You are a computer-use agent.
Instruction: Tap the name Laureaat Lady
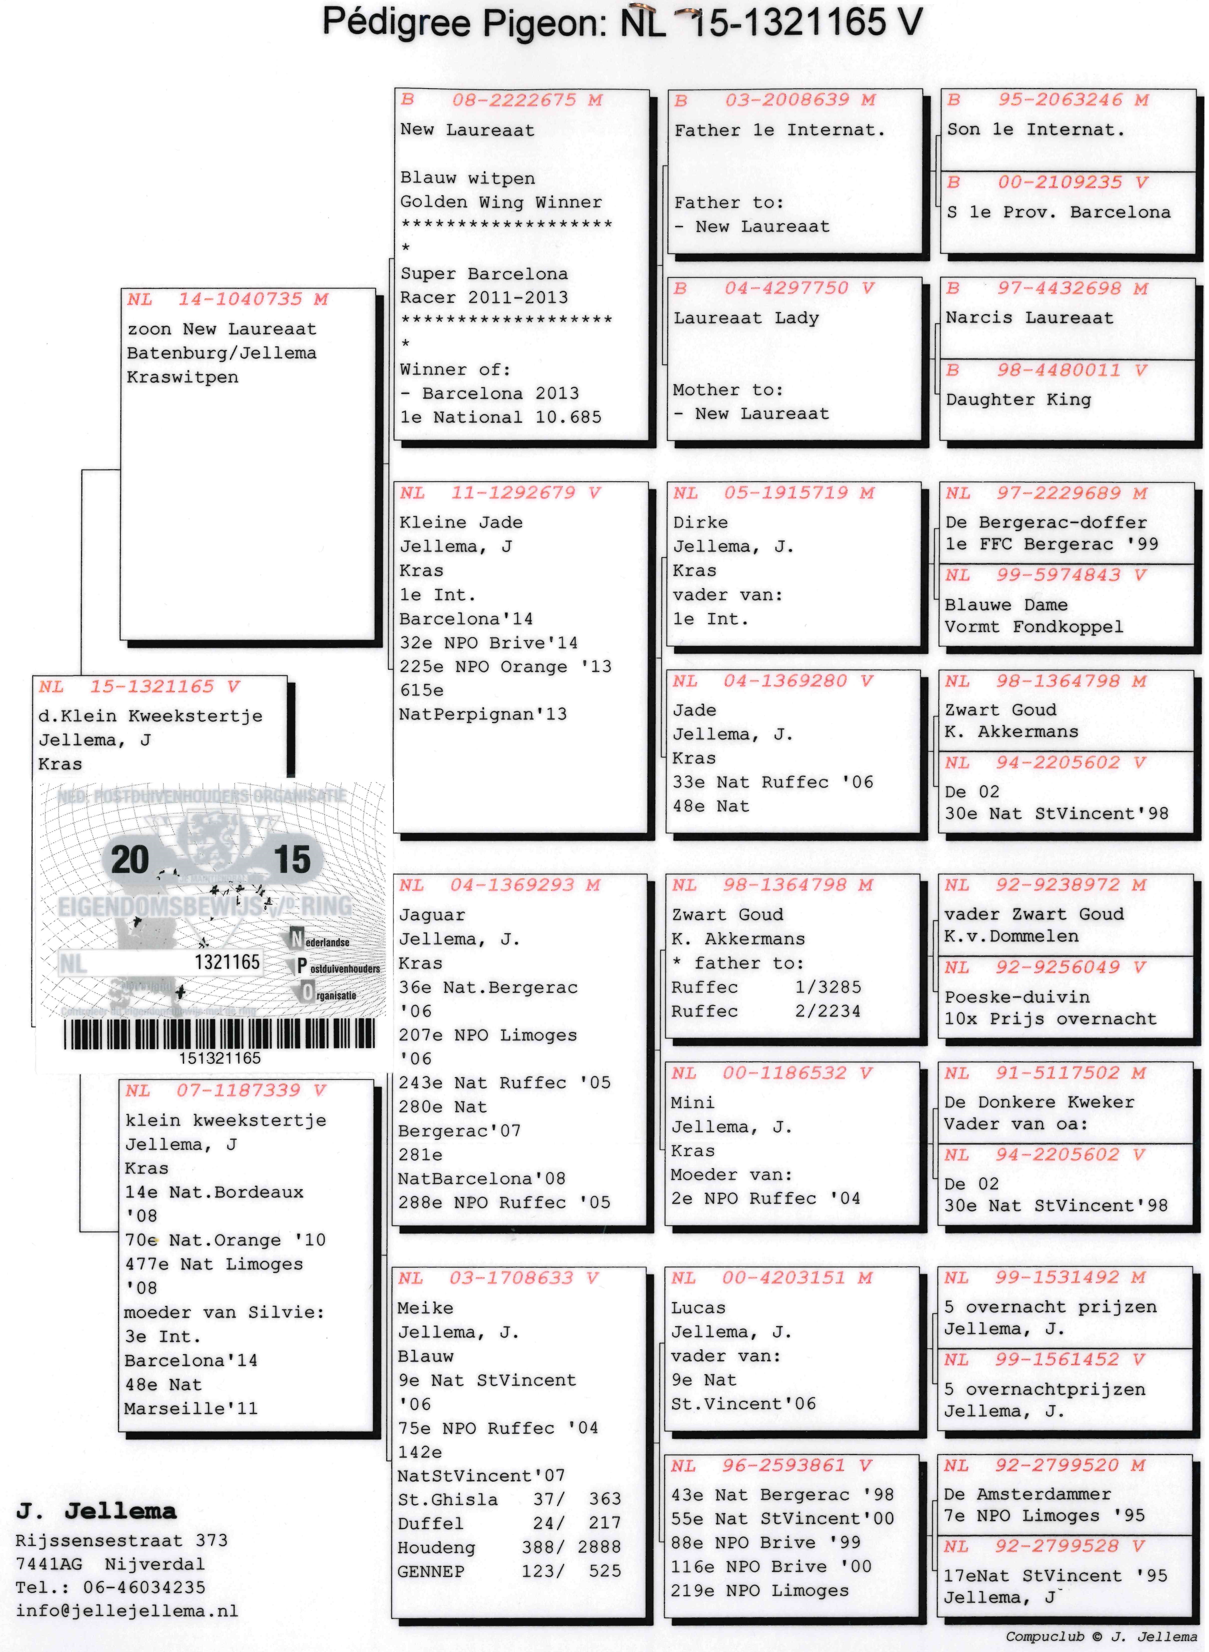pos(746,318)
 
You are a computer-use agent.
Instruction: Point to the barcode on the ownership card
pos(219,1034)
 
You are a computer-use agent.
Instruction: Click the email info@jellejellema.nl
pos(127,1611)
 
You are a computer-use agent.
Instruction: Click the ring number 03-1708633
pos(511,1278)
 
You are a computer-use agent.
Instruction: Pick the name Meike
pos(425,1308)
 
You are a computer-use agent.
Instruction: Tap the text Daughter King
pos(1018,400)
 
